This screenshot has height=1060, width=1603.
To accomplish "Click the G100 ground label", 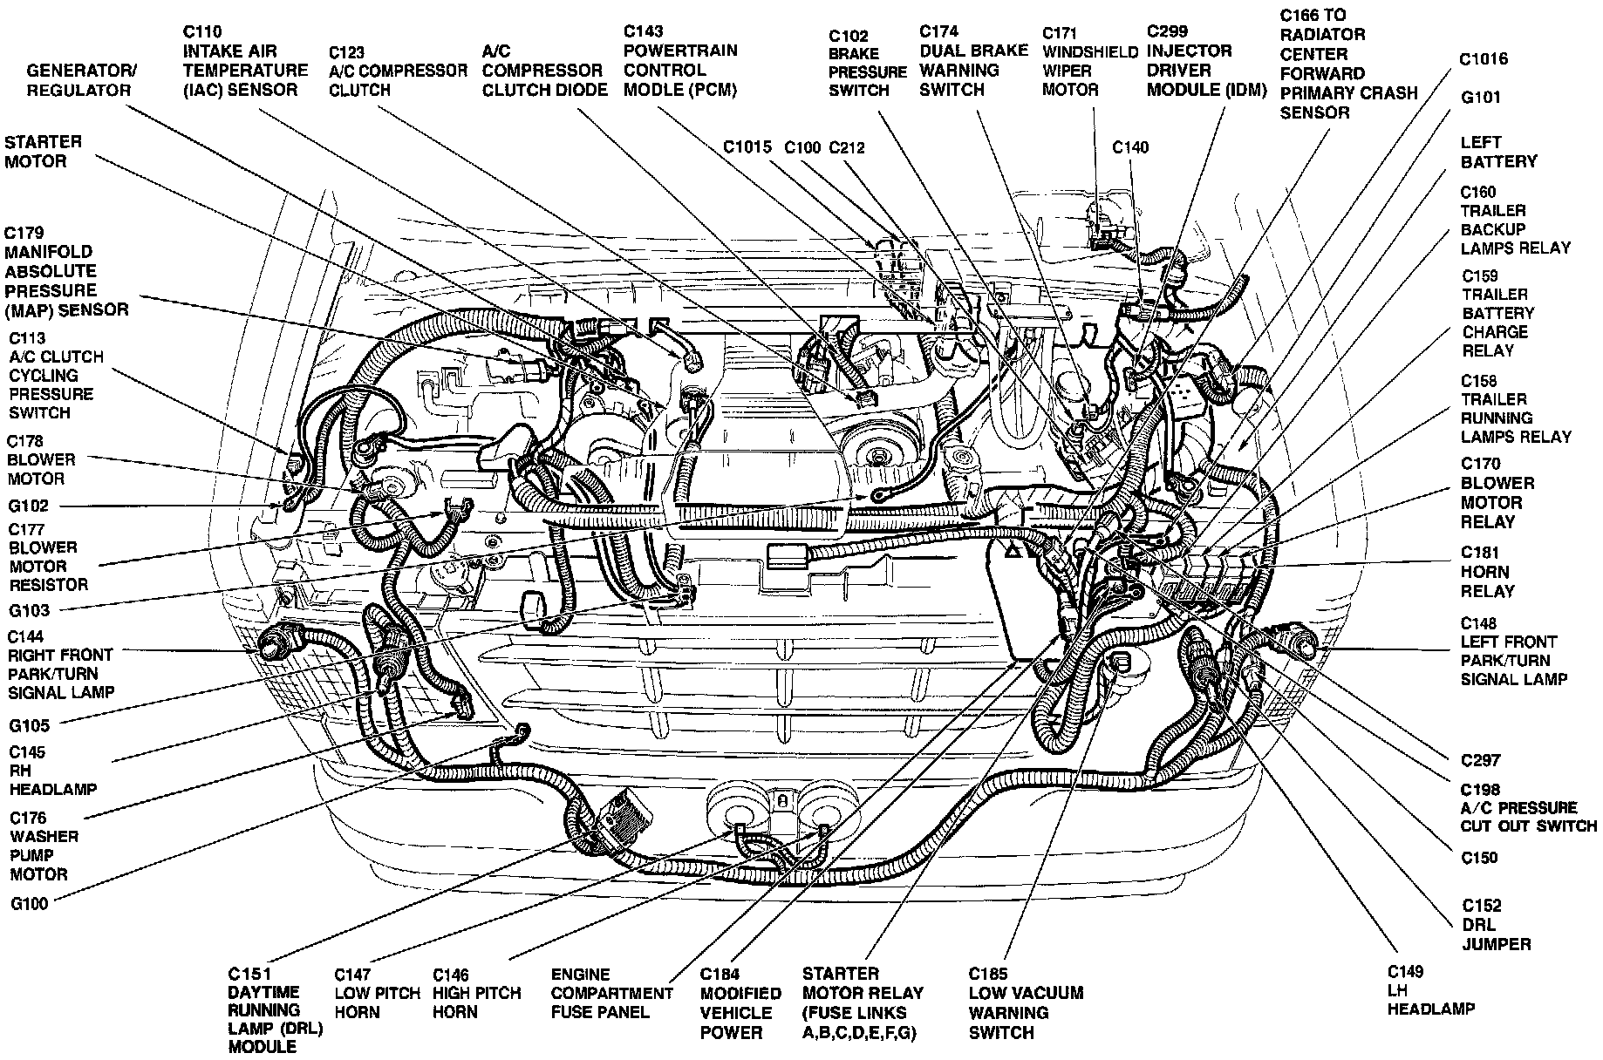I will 30,904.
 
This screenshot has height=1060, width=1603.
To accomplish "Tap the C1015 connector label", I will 747,147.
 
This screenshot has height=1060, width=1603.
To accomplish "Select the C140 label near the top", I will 1130,147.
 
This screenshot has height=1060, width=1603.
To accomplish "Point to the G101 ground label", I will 1481,97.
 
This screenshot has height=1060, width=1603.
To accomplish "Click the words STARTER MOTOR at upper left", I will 43,151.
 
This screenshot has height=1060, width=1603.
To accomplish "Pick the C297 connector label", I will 1481,760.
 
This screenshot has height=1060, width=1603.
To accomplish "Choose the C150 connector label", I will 1479,858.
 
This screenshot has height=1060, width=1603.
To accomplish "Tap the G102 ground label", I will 29,506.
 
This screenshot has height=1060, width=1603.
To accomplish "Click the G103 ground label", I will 30,610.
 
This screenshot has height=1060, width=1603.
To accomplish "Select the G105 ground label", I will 30,725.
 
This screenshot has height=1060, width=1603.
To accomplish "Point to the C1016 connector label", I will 1484,59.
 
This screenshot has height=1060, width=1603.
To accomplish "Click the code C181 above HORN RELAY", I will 1479,553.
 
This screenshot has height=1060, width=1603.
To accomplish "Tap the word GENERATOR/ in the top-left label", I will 81,70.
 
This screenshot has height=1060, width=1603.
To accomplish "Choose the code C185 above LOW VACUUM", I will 987,974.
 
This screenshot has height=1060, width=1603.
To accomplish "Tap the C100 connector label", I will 802,147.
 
